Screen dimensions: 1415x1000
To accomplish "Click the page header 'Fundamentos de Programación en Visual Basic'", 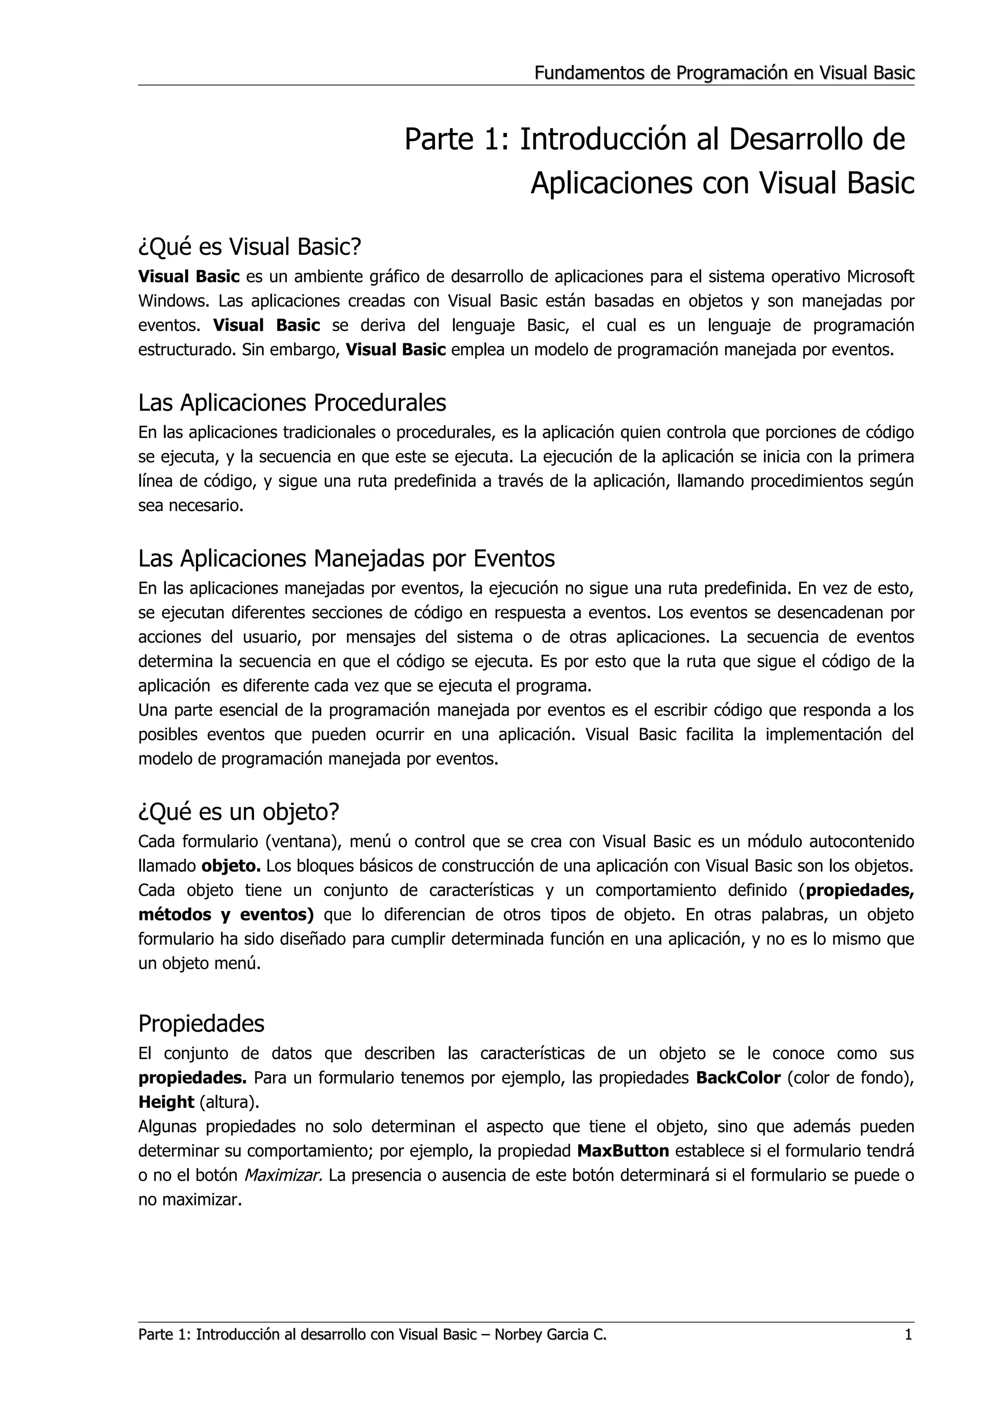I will click(724, 73).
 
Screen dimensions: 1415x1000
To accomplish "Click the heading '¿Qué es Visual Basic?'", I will click(250, 247).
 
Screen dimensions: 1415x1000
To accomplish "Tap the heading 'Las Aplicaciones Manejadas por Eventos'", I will click(346, 559).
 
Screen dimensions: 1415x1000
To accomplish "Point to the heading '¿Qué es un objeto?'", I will click(239, 812).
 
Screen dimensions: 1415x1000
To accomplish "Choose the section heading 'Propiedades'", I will click(202, 1024).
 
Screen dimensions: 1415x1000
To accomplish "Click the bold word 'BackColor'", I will click(738, 1078).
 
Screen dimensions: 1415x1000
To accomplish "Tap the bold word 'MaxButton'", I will click(623, 1151).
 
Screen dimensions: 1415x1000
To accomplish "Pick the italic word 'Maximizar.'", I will click(283, 1175).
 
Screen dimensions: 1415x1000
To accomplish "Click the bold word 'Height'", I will click(166, 1102).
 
